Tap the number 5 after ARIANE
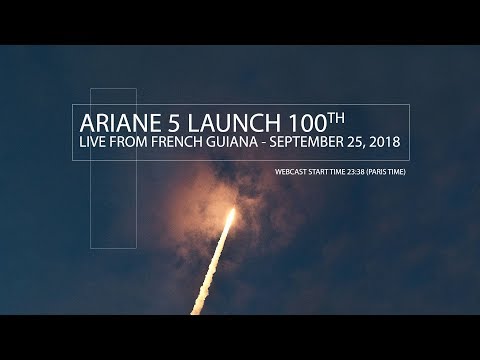click(x=163, y=122)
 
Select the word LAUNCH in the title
click(x=212, y=122)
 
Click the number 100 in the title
click(x=279, y=122)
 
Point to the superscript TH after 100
click(x=311, y=116)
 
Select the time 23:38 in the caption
click(x=354, y=171)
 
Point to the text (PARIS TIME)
click(x=387, y=171)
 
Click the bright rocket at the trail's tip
click(x=231, y=217)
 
